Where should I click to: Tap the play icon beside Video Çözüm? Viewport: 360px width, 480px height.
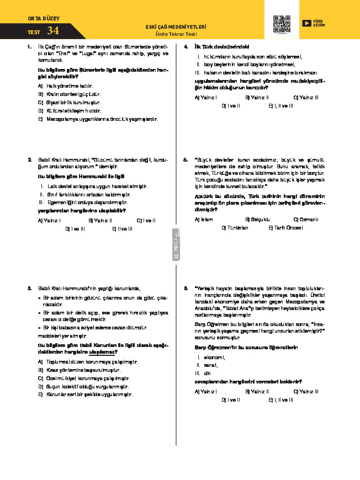coord(306,23)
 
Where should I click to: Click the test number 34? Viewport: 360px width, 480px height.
coord(53,30)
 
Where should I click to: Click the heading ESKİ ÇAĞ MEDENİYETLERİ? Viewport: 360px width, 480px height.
coord(175,26)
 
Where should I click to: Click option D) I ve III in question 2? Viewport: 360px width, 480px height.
coord(75,228)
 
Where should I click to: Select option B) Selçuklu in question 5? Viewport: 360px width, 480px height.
coord(256,219)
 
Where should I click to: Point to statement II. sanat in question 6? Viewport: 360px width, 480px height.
coord(208,365)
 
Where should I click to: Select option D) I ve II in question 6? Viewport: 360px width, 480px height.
coord(230,399)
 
